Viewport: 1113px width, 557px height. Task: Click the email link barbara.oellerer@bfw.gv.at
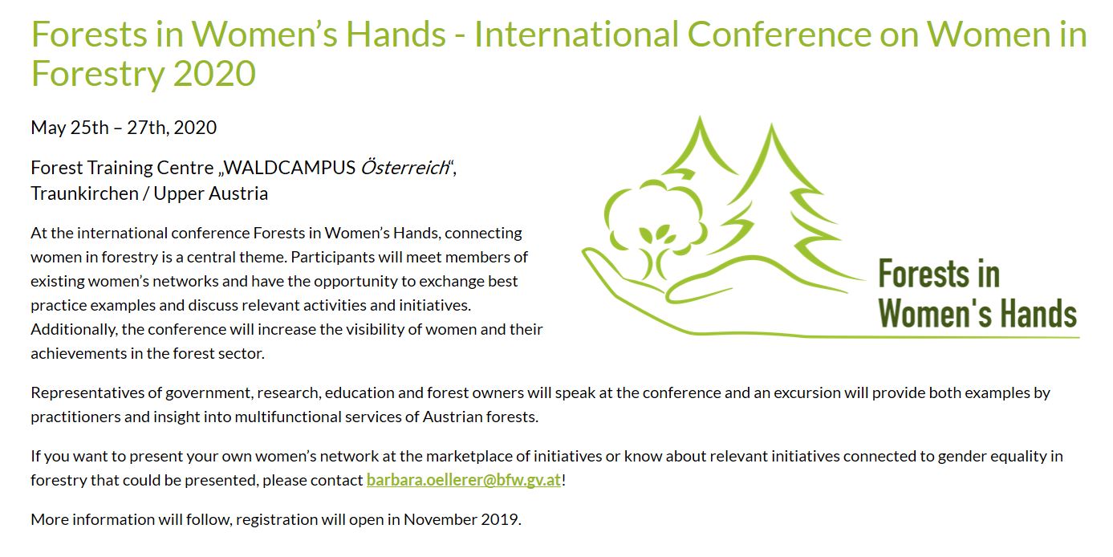[464, 480]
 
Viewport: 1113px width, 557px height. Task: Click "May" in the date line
[48, 128]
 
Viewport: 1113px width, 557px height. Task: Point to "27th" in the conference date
[146, 128]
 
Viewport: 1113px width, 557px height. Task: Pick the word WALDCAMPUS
[290, 168]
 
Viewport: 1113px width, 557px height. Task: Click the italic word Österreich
[404, 168]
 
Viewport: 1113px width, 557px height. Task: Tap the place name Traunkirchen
[84, 193]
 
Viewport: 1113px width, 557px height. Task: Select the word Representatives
[89, 393]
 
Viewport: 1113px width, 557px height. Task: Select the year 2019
[501, 519]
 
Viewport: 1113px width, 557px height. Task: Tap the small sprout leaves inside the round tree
[654, 234]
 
